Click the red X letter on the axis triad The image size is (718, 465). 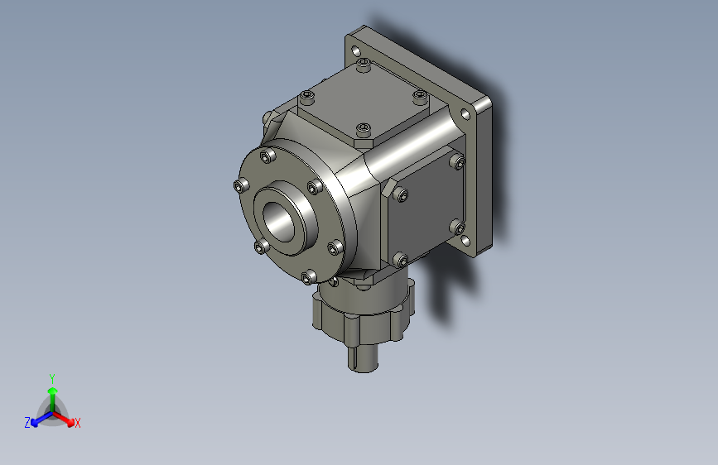tap(78, 424)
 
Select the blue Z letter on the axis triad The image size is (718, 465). tap(27, 422)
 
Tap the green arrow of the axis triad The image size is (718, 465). tap(51, 392)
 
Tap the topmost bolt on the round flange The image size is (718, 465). tap(266, 156)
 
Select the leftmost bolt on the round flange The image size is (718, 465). tap(240, 185)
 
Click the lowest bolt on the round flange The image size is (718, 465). tap(307, 277)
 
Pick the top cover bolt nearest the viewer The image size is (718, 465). tap(364, 129)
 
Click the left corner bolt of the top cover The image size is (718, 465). tap(307, 98)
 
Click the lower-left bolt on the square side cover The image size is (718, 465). tap(401, 260)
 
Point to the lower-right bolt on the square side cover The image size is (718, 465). tap(455, 227)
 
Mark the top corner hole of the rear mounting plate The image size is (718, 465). tap(358, 51)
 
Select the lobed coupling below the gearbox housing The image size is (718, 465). tap(359, 314)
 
